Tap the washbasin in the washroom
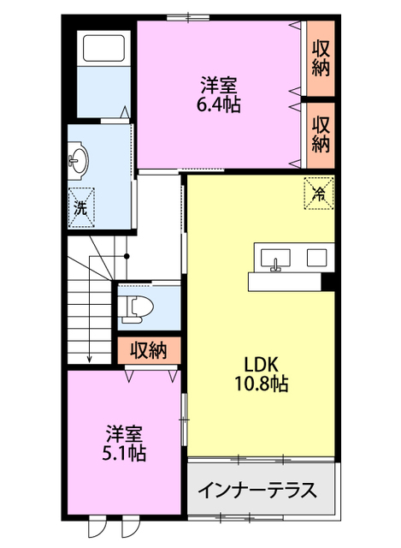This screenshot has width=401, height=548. point(78,161)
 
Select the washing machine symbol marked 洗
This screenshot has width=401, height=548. point(81,207)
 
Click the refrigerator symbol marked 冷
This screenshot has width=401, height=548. point(319,194)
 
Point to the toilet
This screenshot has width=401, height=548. point(135,307)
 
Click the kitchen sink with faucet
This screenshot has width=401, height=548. point(275,259)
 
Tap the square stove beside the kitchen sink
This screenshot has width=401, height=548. point(316,258)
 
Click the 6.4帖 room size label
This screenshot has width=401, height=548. point(219,104)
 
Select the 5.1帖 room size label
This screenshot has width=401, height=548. point(124,453)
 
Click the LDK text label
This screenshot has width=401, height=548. point(261,365)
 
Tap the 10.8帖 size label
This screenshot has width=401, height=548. point(261,384)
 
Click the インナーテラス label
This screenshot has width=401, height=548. point(258,490)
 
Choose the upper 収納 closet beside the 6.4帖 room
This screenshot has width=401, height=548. point(321,58)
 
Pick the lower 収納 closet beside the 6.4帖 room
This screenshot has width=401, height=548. point(321,135)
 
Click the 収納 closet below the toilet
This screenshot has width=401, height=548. point(149,350)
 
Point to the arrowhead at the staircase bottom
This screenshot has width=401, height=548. point(89,359)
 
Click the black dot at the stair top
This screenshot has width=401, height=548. point(127,257)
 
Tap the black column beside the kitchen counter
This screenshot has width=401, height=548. point(327,282)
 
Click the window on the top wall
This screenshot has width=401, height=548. point(188,17)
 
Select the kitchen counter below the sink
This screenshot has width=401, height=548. point(285,282)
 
